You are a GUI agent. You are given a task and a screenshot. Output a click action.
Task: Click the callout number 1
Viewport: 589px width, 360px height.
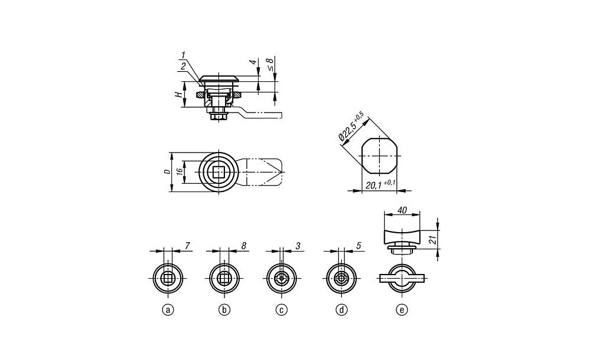point(183,55)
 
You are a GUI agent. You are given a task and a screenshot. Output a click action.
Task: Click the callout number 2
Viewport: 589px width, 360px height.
point(183,67)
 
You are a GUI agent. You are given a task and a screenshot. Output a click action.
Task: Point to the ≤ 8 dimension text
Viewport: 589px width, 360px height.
point(270,65)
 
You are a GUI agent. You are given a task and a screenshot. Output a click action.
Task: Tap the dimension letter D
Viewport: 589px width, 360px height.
point(166,171)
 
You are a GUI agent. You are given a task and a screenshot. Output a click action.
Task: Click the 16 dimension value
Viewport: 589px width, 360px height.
point(180,171)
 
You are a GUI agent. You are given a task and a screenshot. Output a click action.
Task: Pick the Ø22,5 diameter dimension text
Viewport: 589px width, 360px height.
point(352,127)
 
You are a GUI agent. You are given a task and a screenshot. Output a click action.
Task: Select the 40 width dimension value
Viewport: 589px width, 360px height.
point(402,211)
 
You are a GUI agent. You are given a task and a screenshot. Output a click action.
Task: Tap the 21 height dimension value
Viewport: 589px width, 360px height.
point(433,239)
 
